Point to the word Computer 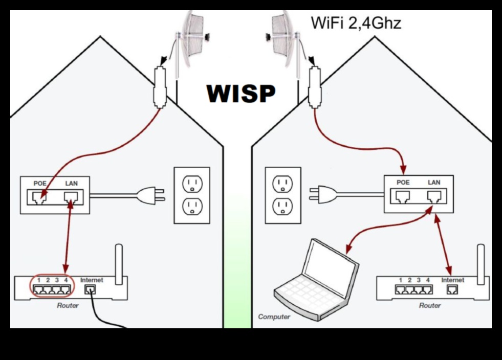274,317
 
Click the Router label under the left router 68,305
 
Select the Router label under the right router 429,305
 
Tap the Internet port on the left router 91,290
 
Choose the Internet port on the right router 452,290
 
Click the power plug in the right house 320,194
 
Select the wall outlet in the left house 192,195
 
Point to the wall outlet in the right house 282,195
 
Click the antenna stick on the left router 118,263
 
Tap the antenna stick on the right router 480,263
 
